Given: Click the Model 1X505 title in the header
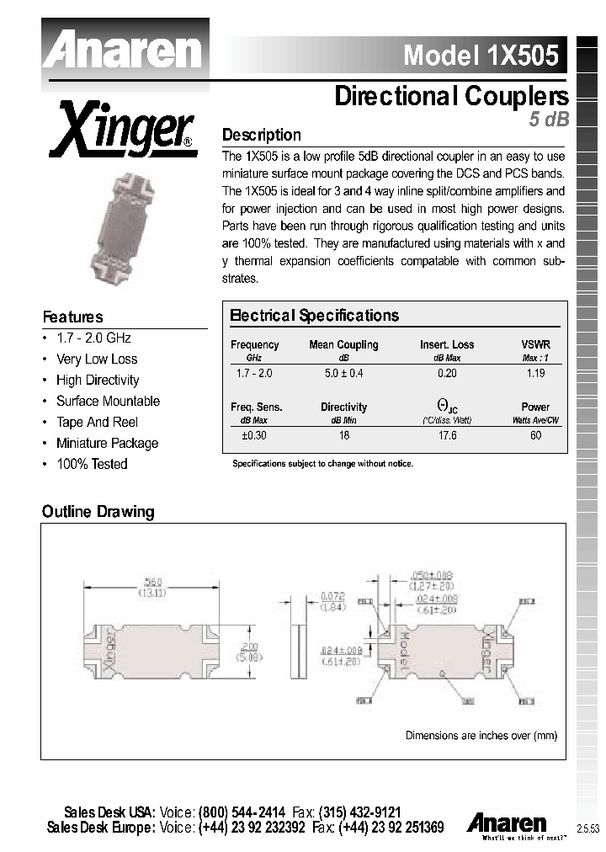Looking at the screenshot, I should click(480, 55).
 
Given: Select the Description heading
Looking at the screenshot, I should click(261, 135).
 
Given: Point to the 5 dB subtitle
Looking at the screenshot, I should click(549, 120).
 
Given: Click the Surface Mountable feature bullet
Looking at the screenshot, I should click(108, 401).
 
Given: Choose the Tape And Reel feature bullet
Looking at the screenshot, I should click(97, 422).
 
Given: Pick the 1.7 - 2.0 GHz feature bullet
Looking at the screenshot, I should click(93, 338).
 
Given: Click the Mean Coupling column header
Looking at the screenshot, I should click(343, 344).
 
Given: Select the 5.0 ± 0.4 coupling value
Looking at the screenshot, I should click(343, 372).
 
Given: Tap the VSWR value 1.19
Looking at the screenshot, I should click(535, 372).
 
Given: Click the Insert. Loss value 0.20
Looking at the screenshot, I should click(447, 372).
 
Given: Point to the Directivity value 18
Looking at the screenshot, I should click(343, 435).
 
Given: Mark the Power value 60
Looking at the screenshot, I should click(535, 435).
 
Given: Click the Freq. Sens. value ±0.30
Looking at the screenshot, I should click(253, 435).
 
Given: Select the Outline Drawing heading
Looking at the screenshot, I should click(98, 512).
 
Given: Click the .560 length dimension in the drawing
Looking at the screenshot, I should click(152, 582).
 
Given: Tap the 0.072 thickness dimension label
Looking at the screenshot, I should click(333, 596).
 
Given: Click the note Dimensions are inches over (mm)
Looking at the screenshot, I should click(481, 735).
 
